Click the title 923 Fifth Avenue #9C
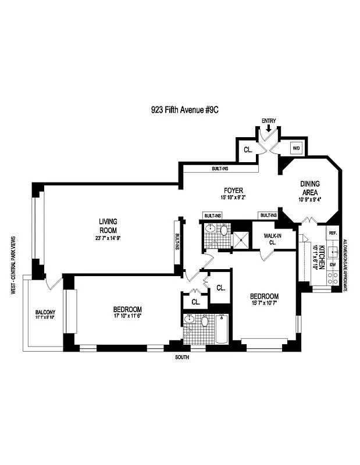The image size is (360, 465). [179, 108]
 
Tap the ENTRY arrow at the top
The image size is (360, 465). [268, 128]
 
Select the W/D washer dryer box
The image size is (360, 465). [295, 148]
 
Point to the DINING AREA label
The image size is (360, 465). [310, 187]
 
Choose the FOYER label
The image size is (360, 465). [234, 191]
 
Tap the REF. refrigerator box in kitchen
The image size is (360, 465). [333, 233]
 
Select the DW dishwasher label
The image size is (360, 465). [333, 264]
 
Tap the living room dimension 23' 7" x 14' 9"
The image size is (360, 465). [109, 237]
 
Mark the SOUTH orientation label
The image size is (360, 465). [182, 357]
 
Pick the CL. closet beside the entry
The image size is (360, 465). [247, 149]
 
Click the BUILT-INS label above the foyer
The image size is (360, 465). [221, 169]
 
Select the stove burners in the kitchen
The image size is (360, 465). [333, 279]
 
